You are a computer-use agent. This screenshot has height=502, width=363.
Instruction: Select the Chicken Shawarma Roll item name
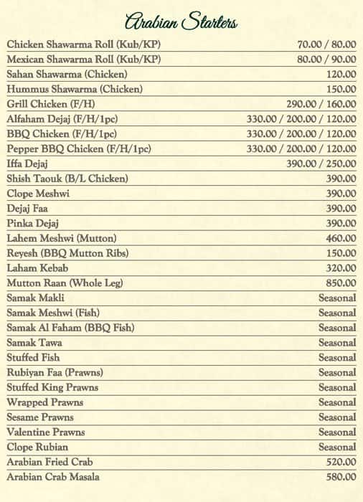(84, 44)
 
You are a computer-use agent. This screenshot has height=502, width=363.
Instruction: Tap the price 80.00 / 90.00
(326, 60)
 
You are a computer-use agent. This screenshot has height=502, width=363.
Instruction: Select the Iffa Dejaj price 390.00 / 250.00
(321, 164)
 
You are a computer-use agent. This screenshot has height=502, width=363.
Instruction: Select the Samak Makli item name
(35, 298)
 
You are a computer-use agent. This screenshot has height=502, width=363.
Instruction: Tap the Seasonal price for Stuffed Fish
(337, 358)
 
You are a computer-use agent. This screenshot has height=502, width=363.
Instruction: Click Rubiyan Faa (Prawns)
(55, 372)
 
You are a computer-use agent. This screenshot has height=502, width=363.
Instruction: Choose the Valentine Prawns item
(45, 432)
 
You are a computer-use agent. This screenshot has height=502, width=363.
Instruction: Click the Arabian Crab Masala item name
(53, 477)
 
